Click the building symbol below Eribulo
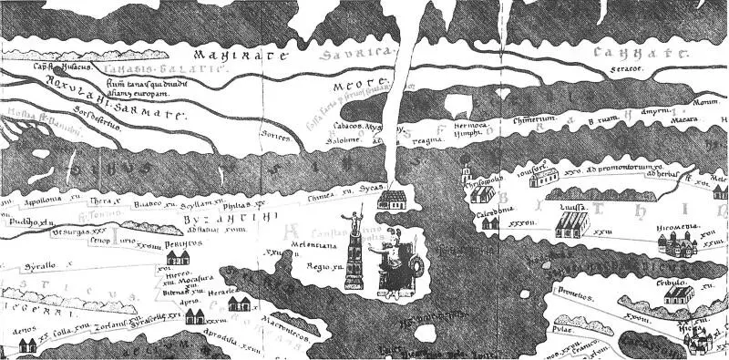(x=676, y=293)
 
